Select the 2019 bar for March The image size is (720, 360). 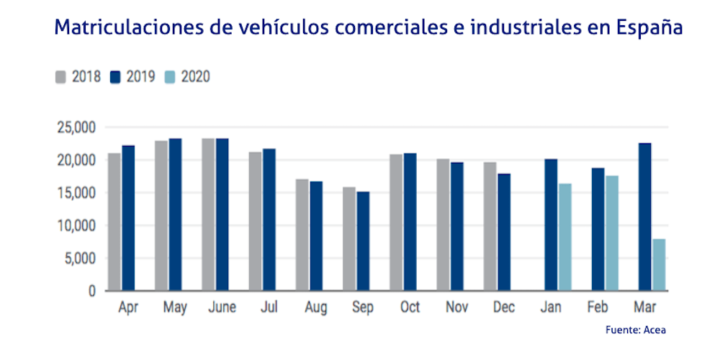pyautogui.click(x=646, y=217)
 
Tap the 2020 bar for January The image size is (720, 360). pyautogui.click(x=565, y=237)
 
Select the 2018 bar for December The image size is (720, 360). pyautogui.click(x=490, y=227)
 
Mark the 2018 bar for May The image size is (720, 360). pyautogui.click(x=161, y=215)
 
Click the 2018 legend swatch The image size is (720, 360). pyautogui.click(x=61, y=76)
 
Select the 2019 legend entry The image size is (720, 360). pyautogui.click(x=132, y=76)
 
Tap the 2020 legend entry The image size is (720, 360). pyautogui.click(x=188, y=76)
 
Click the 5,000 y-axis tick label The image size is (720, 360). pyautogui.click(x=79, y=258)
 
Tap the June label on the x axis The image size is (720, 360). pyautogui.click(x=221, y=307)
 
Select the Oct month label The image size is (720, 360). pyautogui.click(x=410, y=307)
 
